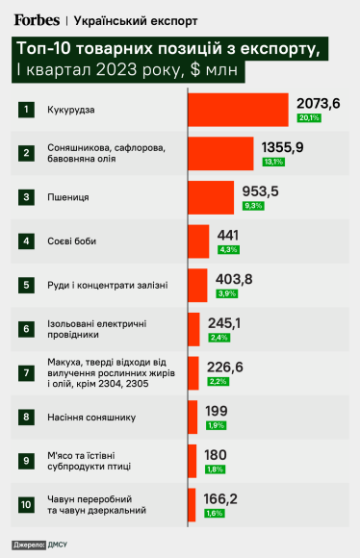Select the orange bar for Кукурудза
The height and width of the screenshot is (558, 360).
pos(238,109)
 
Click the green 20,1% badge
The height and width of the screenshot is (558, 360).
pos(309,118)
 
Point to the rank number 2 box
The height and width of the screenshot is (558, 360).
pos(26,152)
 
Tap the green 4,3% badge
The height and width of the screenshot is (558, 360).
pos(228,250)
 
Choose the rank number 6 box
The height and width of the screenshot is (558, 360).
pos(26,328)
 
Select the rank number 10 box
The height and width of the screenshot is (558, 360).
pos(26,504)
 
